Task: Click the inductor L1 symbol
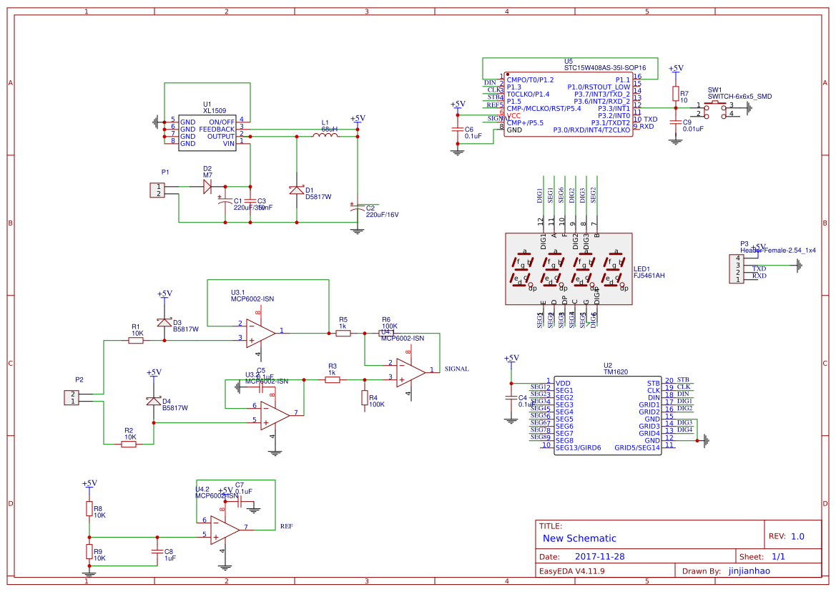326,134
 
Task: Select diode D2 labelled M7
208,187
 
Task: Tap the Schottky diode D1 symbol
297,190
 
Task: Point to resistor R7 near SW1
675,94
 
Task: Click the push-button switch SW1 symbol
716,107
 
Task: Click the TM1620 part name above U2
616,372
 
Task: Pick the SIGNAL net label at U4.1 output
456,369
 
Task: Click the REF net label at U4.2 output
286,526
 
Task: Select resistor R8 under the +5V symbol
89,509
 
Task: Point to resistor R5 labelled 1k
343,332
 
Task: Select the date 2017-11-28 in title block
599,556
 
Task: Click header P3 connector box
734,268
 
